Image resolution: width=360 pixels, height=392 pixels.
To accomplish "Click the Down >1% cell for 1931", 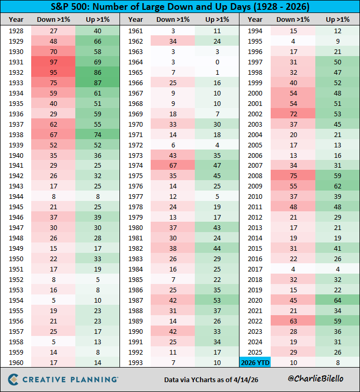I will point(53,61).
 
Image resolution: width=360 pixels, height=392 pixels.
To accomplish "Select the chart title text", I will point(180,8).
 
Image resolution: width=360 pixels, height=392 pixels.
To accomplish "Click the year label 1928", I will point(16,31).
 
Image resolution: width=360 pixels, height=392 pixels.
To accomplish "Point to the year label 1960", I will point(16,362).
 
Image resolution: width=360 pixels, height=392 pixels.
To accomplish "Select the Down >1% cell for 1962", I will point(173,42).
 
